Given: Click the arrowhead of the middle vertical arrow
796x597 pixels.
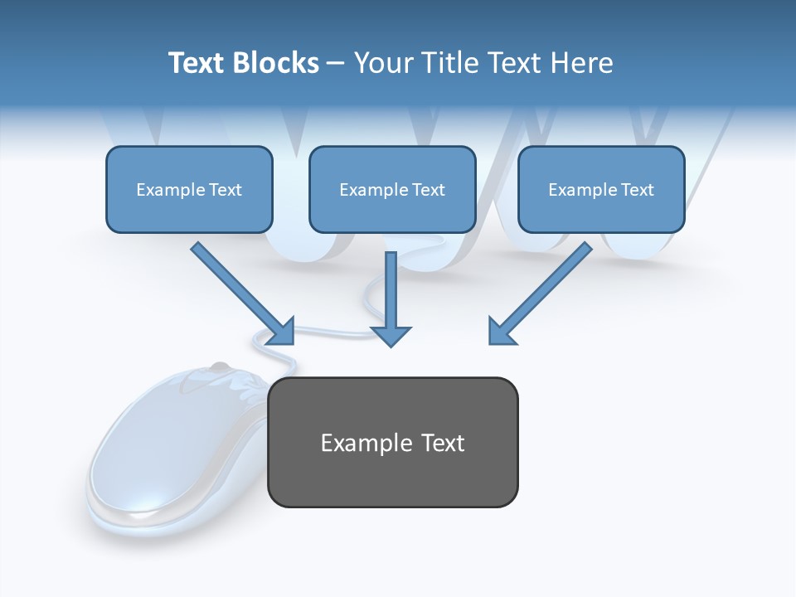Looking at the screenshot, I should (x=391, y=335).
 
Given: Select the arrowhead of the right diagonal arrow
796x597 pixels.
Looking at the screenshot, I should (x=501, y=331).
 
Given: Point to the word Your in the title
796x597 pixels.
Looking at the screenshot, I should (x=384, y=63).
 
